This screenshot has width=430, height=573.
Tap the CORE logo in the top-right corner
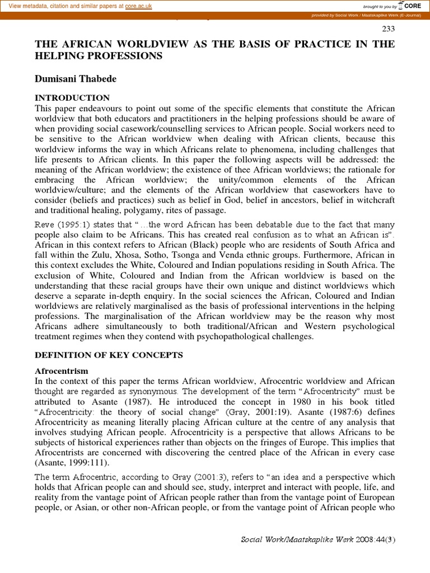411,6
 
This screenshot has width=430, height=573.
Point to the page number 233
388,29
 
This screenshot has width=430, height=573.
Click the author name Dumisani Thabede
76,78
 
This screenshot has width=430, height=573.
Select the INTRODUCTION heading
72,98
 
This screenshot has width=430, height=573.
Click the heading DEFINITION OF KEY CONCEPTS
109,355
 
